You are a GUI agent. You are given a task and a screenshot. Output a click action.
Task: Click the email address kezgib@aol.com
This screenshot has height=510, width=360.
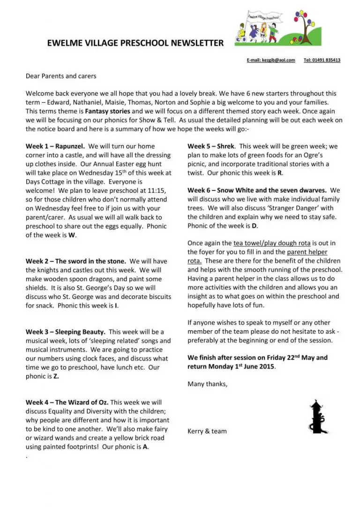click(277, 60)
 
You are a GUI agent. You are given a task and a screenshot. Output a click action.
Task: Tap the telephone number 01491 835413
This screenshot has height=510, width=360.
click(322, 60)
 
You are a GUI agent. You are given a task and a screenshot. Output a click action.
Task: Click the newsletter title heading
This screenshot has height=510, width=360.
click(135, 43)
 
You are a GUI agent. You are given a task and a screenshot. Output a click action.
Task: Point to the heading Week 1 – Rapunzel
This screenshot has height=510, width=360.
click(55, 146)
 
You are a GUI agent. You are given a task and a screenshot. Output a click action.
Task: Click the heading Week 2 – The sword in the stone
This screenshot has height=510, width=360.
click(75, 261)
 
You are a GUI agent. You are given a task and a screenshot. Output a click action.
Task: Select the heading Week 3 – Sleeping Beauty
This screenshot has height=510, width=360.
click(65, 332)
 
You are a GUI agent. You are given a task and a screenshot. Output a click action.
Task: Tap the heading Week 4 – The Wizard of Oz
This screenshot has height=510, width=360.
click(67, 403)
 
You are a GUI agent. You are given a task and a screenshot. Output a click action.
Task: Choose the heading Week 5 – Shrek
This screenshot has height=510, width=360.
click(211, 146)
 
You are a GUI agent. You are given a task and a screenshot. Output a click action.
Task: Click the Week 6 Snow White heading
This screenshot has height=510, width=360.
click(257, 190)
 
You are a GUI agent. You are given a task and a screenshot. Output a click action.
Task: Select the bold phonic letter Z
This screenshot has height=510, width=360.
click(56, 376)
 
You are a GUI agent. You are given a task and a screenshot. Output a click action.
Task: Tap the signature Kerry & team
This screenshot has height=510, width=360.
click(207, 431)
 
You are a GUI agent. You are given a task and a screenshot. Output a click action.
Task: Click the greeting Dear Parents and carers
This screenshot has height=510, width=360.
click(61, 76)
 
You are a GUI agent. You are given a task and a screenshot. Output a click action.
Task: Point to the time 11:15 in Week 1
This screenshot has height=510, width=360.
click(157, 191)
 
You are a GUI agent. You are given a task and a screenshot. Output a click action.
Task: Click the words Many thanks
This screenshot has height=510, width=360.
click(207, 384)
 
